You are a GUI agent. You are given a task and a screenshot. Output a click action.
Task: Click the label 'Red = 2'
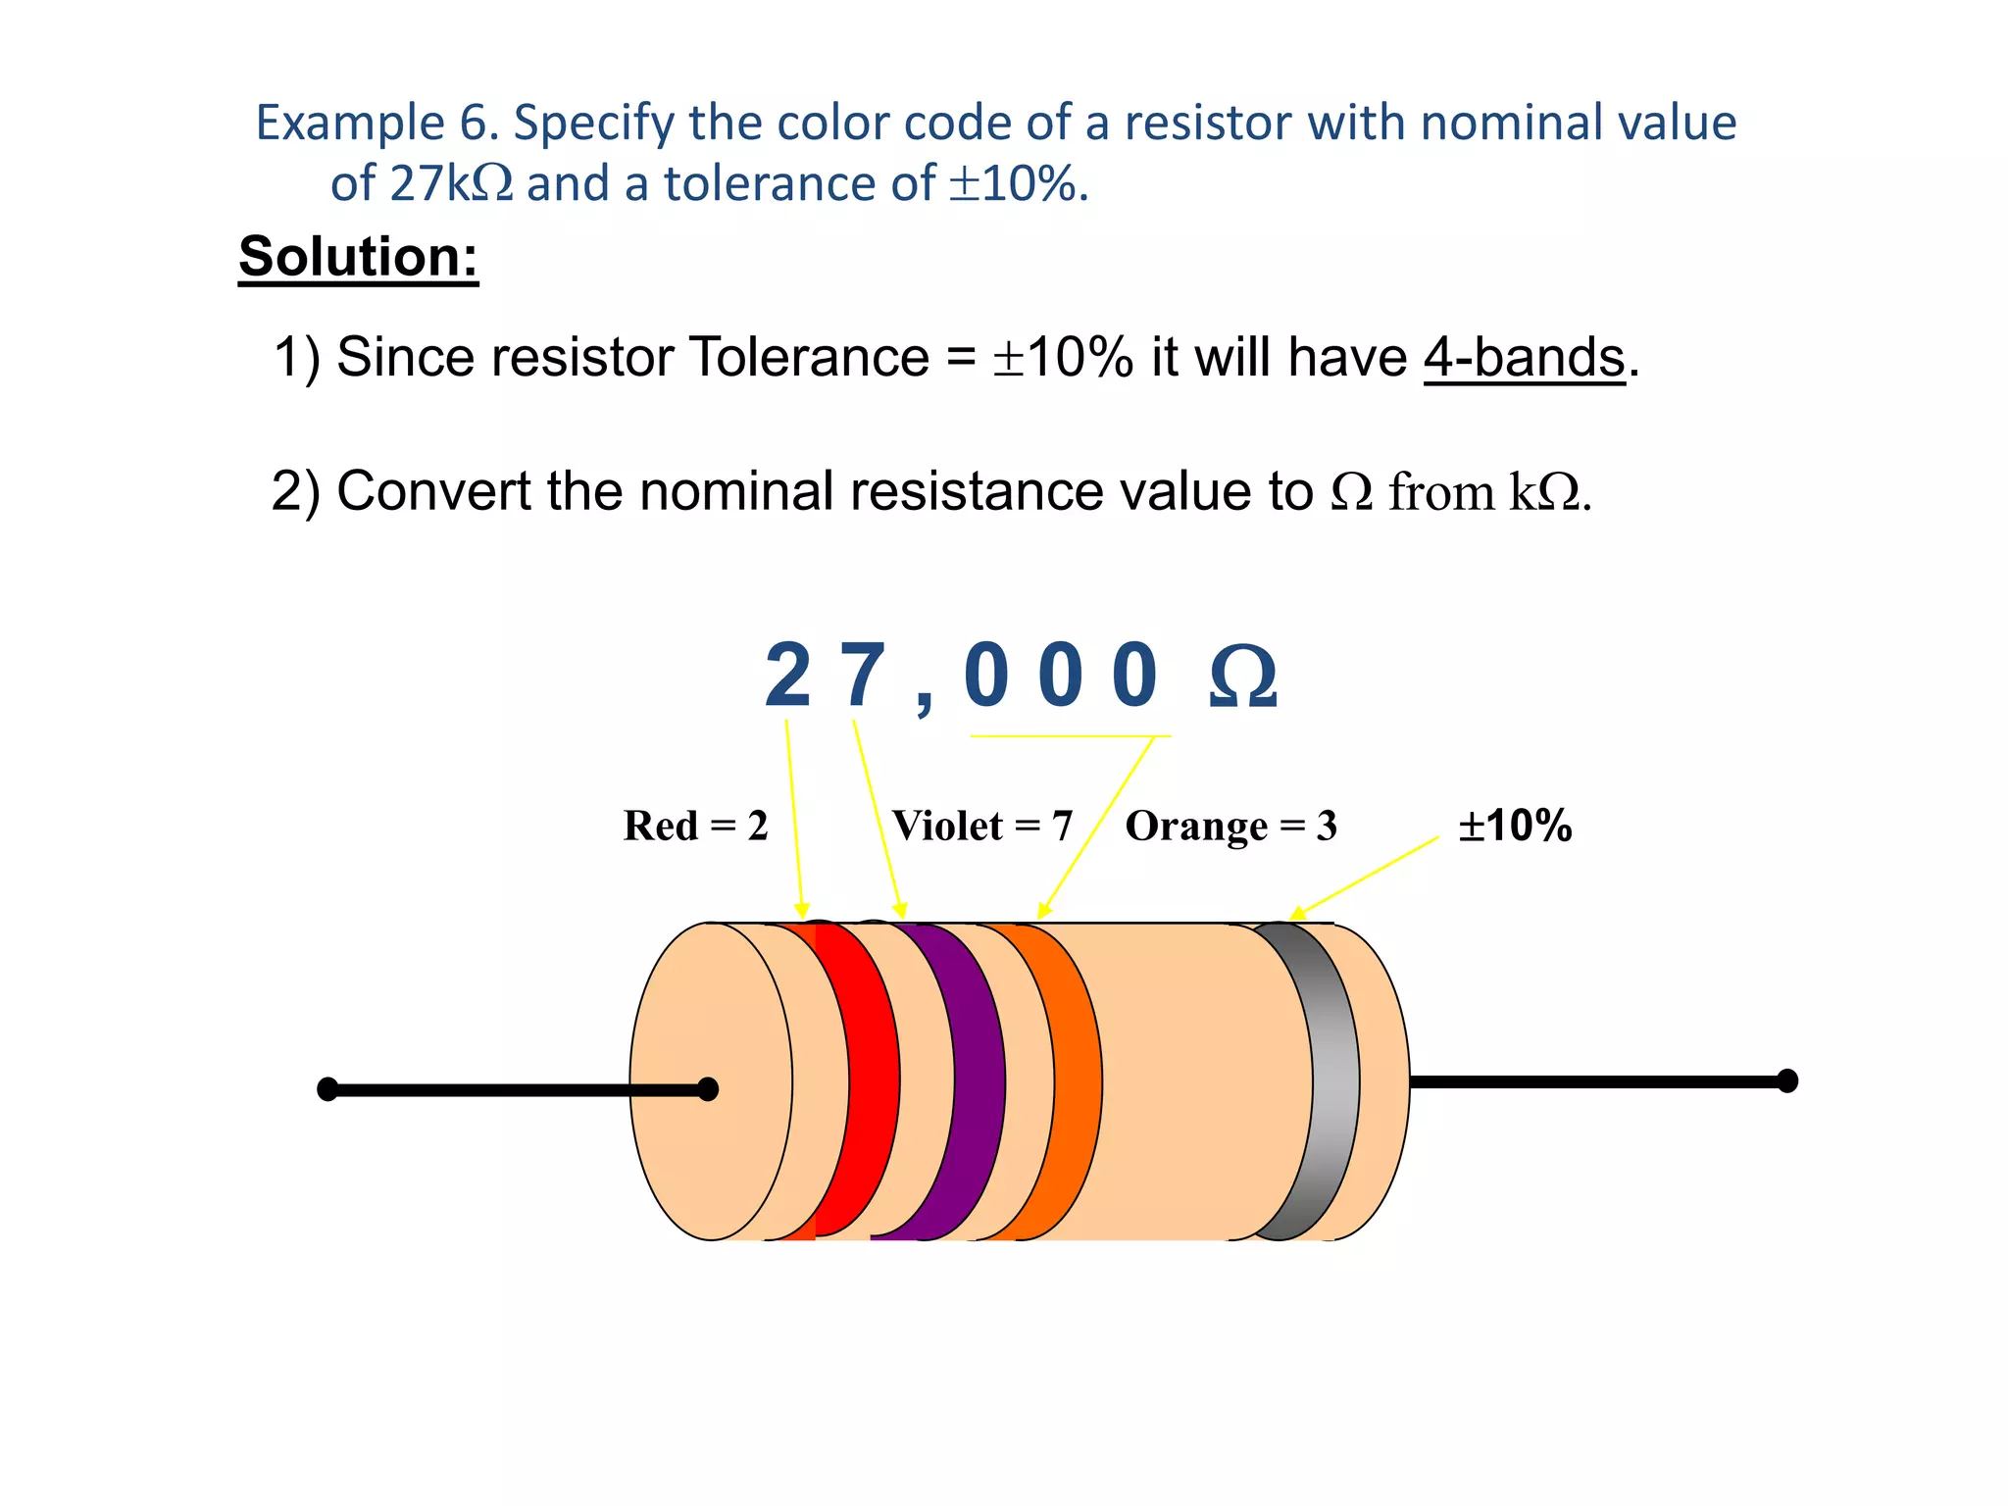695,826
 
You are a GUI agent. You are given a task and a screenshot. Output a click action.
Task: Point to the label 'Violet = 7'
981,826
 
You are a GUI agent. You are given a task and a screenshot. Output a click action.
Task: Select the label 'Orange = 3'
1230,826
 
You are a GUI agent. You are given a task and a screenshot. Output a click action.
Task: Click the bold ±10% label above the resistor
1515,826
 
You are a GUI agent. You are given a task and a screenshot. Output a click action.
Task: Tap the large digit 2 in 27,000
787,676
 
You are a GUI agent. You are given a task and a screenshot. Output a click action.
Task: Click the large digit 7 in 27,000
863,676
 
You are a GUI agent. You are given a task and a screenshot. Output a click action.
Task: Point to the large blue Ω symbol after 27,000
1242,678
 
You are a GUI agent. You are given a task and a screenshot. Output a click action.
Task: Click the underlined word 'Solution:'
358,257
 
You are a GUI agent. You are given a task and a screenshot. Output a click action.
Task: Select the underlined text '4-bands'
1524,357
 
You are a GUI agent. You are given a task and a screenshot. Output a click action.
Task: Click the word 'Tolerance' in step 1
809,357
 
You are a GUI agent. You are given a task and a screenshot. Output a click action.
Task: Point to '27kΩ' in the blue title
450,183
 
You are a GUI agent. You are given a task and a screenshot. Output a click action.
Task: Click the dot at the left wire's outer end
327,1089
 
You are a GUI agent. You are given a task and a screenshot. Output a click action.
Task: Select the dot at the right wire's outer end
1787,1080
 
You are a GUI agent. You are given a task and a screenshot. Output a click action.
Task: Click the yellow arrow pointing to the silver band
1363,878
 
